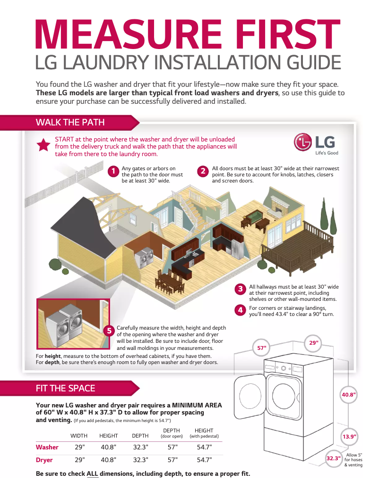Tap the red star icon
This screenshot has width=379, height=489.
pos(43,146)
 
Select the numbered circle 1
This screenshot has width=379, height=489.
pos(113,172)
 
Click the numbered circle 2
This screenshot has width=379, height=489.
pos(203,172)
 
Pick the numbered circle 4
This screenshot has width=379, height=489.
pos(241,310)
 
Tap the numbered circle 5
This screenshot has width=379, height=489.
pos(109,331)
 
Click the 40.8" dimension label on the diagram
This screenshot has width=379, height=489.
pos(349,395)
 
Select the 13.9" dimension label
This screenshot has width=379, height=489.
pos(349,437)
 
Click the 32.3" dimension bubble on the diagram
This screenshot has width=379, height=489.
pos(334,458)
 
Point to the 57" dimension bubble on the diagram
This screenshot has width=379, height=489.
pos(261,348)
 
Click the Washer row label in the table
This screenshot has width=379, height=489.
pos(47,447)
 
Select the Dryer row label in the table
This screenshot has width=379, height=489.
pos(44,460)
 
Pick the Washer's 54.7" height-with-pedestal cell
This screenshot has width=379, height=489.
pos(204,447)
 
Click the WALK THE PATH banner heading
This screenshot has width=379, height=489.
pos(70,123)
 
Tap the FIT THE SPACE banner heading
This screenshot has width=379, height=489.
pos(65,388)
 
